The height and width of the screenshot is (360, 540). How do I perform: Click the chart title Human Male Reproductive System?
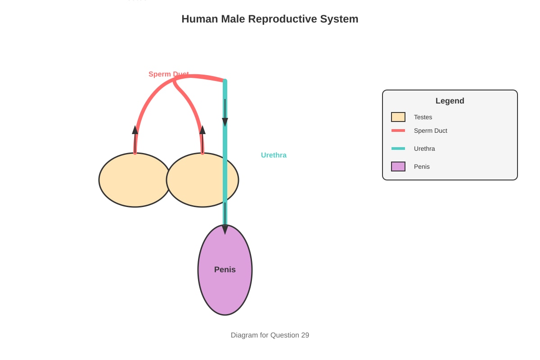270,19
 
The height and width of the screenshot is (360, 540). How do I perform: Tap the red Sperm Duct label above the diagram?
168,74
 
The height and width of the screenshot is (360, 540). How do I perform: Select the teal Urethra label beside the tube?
274,155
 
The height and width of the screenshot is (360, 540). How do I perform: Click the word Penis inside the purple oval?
225,270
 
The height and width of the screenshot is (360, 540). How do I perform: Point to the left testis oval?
135,180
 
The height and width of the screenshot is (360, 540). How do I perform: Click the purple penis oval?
225,270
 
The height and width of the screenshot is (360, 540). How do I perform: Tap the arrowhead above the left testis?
135,130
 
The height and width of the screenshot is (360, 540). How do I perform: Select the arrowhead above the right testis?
202,130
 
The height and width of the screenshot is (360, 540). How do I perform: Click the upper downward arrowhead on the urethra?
225,122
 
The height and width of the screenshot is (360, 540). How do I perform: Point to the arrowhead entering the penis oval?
225,230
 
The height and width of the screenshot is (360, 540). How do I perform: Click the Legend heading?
450,101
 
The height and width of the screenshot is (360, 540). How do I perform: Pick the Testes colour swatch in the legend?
398,117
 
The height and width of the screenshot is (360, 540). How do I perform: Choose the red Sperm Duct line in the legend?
398,130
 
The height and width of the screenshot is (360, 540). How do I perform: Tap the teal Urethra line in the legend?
398,148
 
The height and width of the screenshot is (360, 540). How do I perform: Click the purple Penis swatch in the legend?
398,166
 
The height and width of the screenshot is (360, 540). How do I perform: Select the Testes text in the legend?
423,117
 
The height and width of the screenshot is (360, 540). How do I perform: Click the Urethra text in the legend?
424,148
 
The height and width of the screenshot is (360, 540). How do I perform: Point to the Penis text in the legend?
422,166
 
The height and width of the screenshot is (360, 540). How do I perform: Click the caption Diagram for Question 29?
270,335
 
